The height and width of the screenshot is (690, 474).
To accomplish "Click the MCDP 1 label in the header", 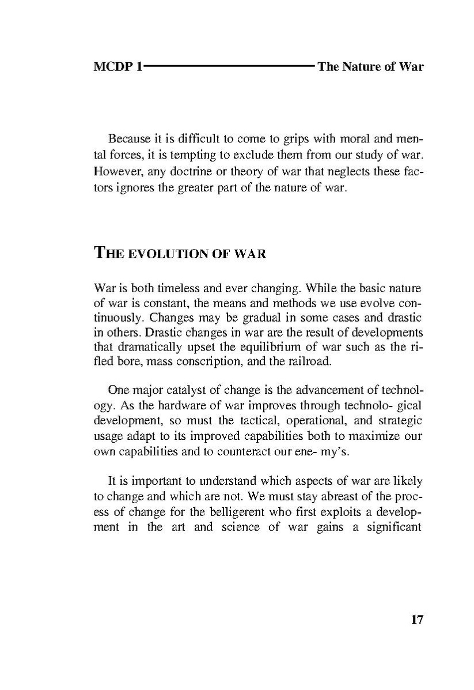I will click(118, 67).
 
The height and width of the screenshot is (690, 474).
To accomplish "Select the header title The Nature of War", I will click(370, 67).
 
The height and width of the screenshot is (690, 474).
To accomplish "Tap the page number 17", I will click(417, 620).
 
